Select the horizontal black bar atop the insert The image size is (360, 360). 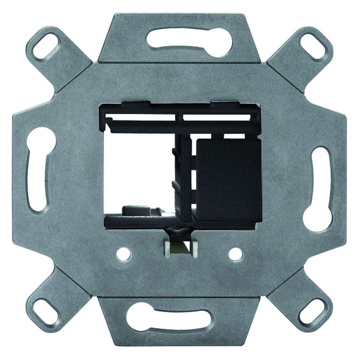[x=180, y=126]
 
